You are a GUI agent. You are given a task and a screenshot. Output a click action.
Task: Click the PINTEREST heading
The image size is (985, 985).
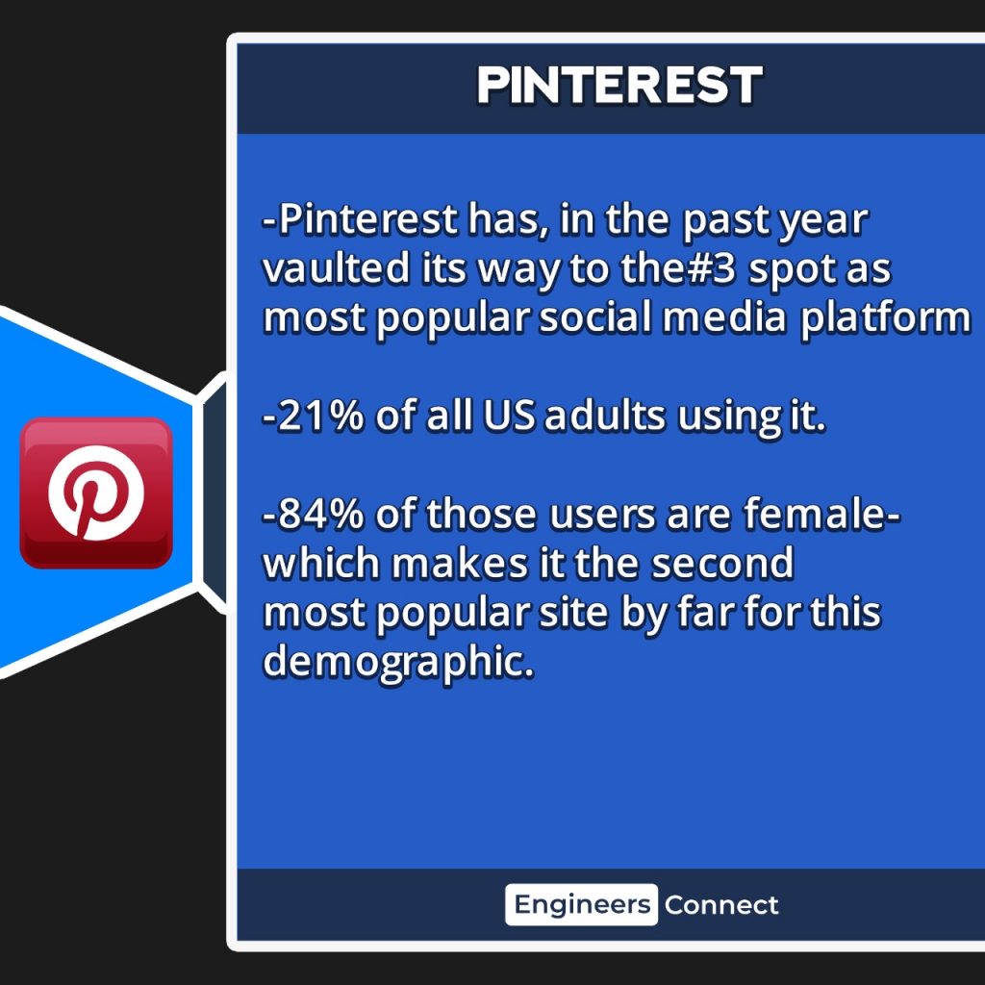click(x=619, y=85)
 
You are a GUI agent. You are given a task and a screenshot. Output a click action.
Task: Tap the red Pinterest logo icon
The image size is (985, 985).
click(x=96, y=492)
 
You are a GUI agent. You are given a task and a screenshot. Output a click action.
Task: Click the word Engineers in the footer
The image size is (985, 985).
click(x=582, y=905)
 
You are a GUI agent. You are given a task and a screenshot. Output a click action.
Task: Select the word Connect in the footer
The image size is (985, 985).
click(x=721, y=905)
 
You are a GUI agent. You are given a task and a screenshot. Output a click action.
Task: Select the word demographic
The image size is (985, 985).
click(x=398, y=664)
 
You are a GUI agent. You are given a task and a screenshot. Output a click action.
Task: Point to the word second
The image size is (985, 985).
click(x=722, y=563)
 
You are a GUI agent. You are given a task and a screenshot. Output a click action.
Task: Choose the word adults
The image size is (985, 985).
click(x=604, y=416)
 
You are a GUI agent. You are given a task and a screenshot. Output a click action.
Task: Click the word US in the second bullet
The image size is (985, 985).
click(x=509, y=417)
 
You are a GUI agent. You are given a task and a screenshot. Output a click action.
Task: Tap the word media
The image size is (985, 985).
click(x=723, y=317)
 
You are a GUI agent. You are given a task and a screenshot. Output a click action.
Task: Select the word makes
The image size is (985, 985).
click(x=460, y=563)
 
